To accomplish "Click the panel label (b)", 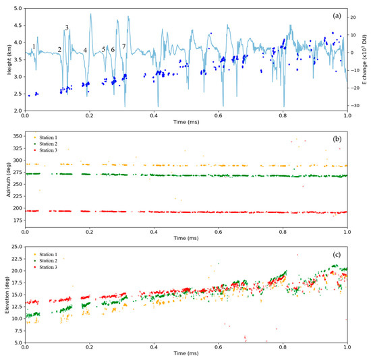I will [x=335, y=139].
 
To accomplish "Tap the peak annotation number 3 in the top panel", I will [x=67, y=28].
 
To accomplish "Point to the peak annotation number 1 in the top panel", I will [x=34, y=47].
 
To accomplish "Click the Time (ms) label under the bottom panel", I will [x=185, y=355].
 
